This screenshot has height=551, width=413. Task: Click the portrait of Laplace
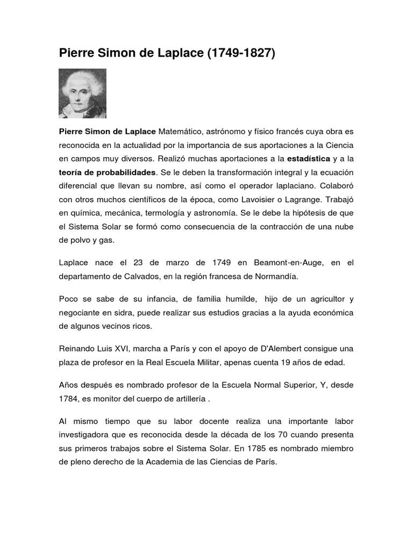[x=82, y=93]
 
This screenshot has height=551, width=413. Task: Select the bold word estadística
[x=308, y=159]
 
